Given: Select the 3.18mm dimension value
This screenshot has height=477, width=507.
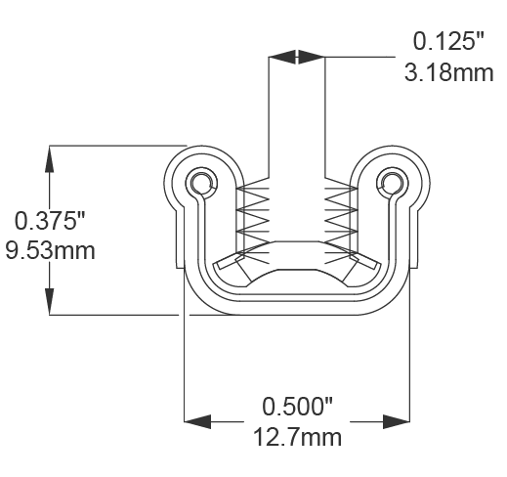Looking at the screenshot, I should (x=448, y=72).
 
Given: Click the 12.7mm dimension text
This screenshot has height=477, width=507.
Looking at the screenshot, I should (x=298, y=436).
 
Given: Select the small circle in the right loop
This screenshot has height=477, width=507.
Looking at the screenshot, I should (x=393, y=183).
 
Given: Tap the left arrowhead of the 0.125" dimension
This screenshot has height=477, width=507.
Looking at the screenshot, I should (x=281, y=58).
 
